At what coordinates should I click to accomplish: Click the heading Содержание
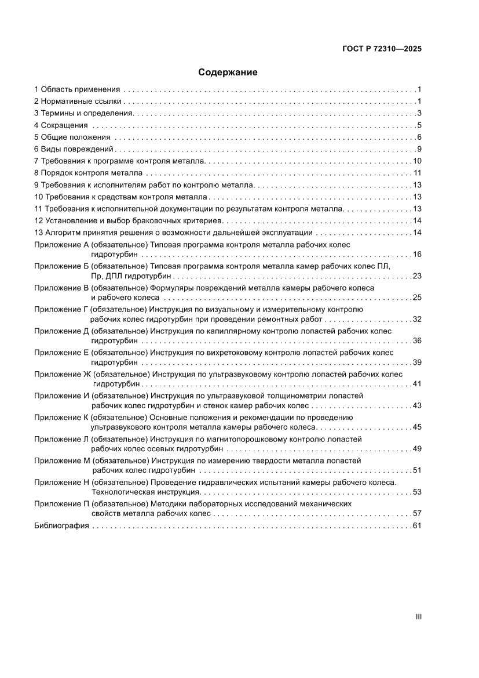click(228, 72)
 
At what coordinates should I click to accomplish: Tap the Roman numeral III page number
click(418, 617)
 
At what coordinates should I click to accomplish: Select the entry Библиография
click(61, 525)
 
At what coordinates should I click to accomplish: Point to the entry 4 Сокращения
click(61, 125)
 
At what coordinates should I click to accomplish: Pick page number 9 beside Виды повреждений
click(419, 149)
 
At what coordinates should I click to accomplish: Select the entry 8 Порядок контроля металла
click(88, 173)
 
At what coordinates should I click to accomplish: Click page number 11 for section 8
click(416, 173)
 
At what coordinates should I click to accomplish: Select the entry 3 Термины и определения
click(84, 113)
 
